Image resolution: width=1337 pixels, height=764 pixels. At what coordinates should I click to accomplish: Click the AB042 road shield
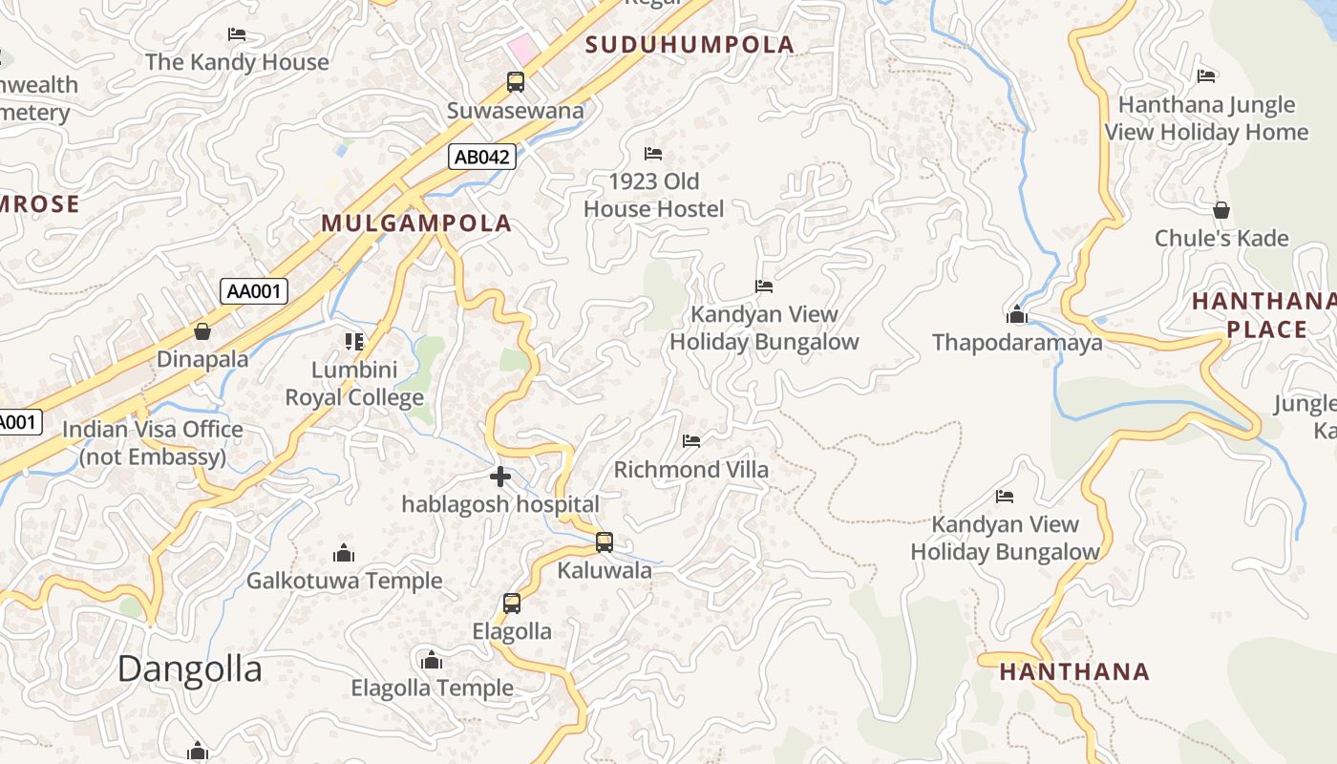click(482, 157)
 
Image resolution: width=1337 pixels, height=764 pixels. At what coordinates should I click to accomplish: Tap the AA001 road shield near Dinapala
click(254, 290)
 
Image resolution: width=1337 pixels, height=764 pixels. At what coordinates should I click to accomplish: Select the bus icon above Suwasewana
click(516, 82)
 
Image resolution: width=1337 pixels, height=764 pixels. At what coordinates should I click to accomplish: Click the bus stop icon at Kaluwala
click(605, 542)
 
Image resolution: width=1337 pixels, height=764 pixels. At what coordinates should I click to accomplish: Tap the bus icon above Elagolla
click(512, 604)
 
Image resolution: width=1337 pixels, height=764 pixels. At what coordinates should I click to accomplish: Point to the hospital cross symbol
click(499, 476)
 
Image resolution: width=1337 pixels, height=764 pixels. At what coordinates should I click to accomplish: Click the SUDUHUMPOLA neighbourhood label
click(690, 45)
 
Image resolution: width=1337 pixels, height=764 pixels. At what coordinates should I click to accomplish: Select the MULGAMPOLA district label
click(416, 223)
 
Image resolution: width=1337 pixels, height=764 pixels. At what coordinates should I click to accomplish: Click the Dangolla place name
click(189, 669)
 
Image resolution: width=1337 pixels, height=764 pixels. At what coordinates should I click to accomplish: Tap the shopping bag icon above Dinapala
click(202, 331)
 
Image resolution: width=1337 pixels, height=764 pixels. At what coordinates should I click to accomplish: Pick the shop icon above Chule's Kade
click(1220, 210)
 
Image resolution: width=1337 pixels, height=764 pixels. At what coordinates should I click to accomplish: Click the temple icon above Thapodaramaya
click(1016, 314)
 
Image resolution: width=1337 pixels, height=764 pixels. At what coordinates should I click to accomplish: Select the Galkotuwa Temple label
click(344, 581)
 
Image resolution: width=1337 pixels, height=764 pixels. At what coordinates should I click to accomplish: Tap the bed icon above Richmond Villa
click(691, 441)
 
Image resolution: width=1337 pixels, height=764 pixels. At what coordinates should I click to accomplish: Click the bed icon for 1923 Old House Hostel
click(653, 153)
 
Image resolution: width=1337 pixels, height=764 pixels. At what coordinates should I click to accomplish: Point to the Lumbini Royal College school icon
click(354, 341)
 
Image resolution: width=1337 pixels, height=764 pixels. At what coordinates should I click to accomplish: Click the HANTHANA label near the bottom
click(1074, 671)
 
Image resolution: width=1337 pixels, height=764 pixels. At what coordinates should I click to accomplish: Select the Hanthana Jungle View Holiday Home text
click(1206, 118)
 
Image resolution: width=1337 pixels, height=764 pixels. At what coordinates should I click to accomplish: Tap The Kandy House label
click(237, 63)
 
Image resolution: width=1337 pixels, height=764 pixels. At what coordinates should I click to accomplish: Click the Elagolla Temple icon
click(432, 660)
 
